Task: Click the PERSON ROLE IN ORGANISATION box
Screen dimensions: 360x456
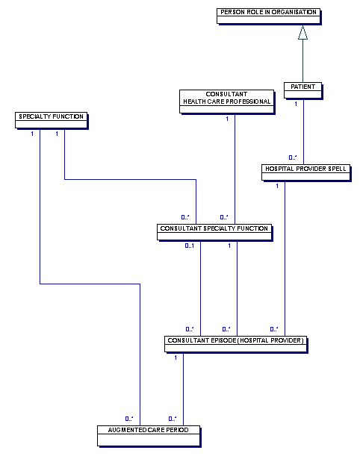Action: [269, 16]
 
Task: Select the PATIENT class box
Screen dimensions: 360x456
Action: [303, 90]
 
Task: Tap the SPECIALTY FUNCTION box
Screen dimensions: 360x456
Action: [52, 120]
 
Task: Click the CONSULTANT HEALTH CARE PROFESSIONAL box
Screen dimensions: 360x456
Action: [227, 101]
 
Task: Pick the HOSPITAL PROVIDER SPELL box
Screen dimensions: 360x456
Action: [306, 172]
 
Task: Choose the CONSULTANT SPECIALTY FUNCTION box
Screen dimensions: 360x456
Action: [214, 232]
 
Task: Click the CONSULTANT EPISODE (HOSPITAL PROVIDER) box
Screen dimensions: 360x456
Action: [236, 344]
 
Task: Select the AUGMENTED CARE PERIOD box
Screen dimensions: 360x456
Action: [149, 436]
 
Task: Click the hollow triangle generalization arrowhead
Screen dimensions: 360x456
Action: [302, 32]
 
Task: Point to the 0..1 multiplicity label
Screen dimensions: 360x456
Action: [190, 246]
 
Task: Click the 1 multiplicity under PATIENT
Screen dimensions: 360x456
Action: [296, 104]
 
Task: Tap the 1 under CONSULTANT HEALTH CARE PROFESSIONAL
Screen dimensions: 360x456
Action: [227, 119]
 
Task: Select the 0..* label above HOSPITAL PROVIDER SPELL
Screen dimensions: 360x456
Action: [293, 157]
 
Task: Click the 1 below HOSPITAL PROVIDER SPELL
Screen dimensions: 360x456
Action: [277, 186]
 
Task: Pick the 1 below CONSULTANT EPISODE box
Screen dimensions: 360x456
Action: [176, 357]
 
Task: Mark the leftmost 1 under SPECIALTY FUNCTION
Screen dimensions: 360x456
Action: [32, 134]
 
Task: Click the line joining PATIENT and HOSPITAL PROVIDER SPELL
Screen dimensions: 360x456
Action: [303, 132]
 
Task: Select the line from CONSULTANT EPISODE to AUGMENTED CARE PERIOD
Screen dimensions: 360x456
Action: [183, 390]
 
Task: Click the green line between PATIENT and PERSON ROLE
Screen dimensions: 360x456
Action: [302, 60]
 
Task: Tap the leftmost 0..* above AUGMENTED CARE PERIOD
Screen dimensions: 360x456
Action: [129, 419]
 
